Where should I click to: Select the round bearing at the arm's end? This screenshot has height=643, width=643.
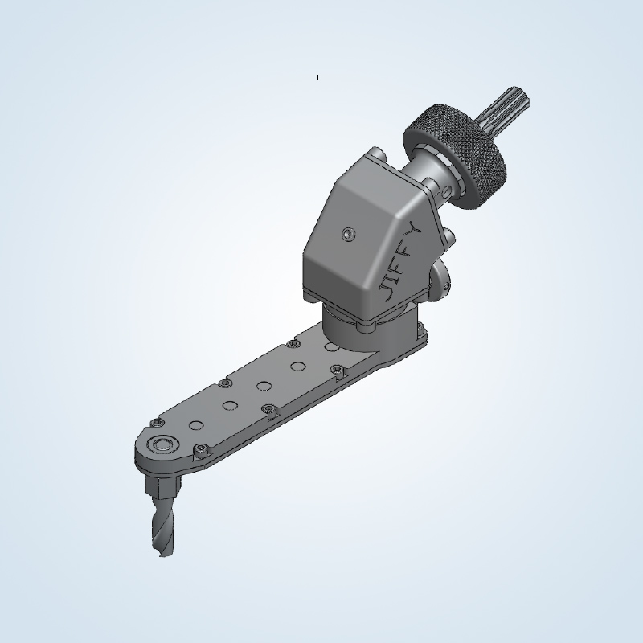(x=167, y=443)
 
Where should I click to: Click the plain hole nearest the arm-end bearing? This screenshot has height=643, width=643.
(x=195, y=424)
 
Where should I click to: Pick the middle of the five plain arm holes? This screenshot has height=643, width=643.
(x=264, y=385)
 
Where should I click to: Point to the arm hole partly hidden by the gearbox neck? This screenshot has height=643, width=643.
(x=330, y=347)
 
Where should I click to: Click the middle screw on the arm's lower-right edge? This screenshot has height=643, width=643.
(x=269, y=410)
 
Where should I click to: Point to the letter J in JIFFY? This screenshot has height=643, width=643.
(x=388, y=290)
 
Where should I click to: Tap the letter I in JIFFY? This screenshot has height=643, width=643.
(x=395, y=273)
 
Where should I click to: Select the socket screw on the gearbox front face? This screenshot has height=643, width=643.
(x=346, y=235)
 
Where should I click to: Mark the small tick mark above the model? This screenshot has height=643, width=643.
(x=317, y=77)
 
